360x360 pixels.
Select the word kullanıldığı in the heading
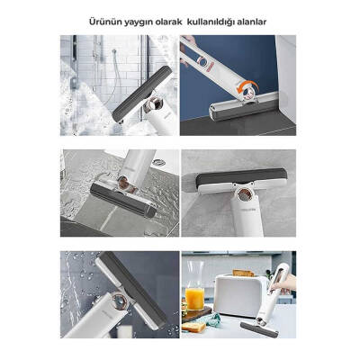click(211, 22)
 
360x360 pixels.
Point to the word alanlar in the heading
click(251, 22)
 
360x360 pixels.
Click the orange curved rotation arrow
click(247, 87)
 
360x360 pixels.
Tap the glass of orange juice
click(194, 298)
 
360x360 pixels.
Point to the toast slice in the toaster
click(243, 273)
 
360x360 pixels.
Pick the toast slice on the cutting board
click(193, 327)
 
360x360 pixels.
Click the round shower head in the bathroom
click(114, 51)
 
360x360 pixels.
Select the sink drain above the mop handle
click(158, 162)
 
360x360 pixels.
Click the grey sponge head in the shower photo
click(142, 94)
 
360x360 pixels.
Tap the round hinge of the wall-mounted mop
click(243, 195)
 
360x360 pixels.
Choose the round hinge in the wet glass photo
click(119, 301)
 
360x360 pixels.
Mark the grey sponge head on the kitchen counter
click(259, 330)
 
